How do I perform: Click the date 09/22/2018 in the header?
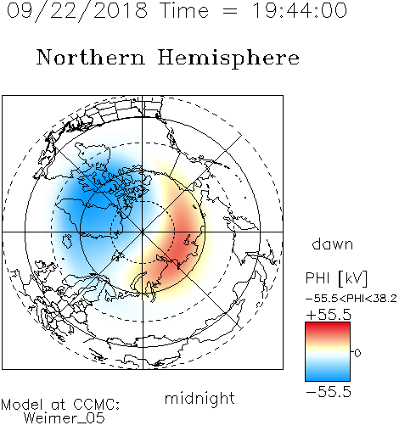77,11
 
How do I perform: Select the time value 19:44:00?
300,10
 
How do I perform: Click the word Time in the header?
184,10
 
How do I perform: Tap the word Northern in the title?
91,57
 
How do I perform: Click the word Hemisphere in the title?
228,59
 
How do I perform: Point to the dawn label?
333,243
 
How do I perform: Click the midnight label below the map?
199,399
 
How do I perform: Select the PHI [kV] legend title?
336,277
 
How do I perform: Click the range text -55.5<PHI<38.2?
351,299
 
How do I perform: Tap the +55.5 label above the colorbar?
329,315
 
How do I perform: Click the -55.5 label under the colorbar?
329,392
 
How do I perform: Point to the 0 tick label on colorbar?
357,353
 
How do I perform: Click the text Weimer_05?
65,418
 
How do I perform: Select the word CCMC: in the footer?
96,405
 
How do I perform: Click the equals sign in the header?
230,11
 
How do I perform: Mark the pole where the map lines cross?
143,232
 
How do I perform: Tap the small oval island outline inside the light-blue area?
67,241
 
